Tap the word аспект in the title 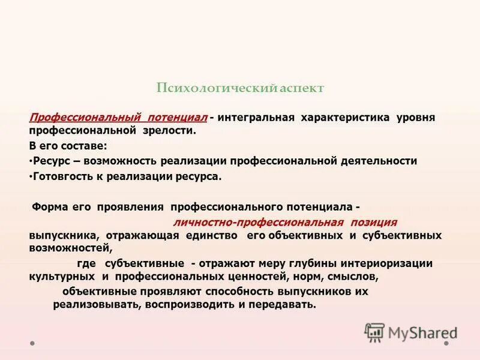coord(302,88)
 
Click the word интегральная coord(256,116)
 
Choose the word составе coord(85,146)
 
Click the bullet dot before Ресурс coord(31,161)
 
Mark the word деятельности coord(380,161)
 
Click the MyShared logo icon coord(374,331)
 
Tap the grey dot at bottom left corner coord(32,344)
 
